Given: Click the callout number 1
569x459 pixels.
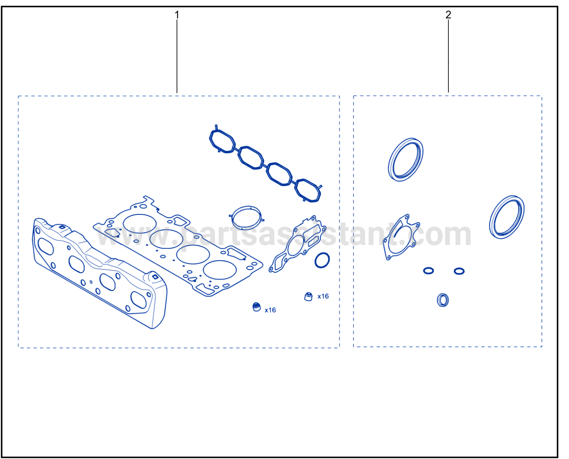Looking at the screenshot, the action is (177, 15).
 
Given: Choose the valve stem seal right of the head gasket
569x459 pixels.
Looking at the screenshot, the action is (308, 297).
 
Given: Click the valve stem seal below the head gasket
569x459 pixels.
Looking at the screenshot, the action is (256, 307).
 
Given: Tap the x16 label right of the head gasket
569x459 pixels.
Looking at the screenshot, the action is (323, 296).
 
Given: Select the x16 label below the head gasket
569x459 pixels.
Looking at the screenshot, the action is (270, 310).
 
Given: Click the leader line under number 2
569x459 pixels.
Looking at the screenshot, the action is (448, 56).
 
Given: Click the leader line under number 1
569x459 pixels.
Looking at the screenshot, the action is (177, 56).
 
